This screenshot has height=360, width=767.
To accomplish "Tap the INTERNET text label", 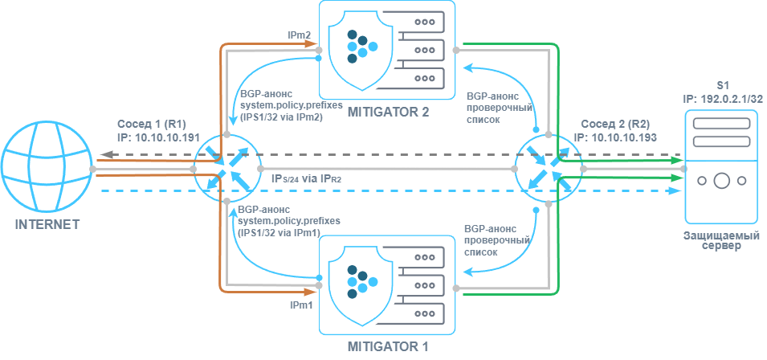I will [x=47, y=224].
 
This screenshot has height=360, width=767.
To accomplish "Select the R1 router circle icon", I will [x=226, y=169].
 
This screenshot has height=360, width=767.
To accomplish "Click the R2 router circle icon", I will [x=550, y=169].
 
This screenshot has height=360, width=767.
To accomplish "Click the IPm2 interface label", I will [x=300, y=35].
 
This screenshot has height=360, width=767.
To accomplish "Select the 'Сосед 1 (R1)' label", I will [x=152, y=125].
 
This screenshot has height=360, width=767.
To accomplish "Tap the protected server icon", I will [x=722, y=167].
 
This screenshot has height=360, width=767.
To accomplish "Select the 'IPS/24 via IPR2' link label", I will [x=308, y=178].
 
